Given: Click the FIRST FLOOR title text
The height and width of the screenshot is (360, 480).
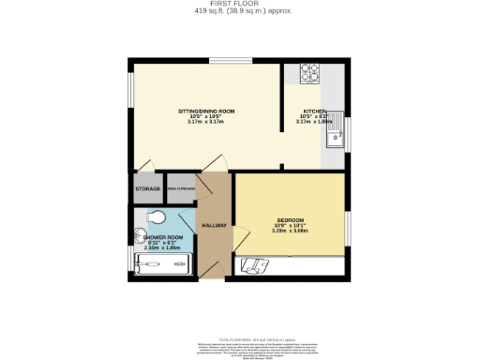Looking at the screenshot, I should [x=240, y=4].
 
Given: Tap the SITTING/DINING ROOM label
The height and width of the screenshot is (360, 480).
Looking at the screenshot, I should [x=206, y=112].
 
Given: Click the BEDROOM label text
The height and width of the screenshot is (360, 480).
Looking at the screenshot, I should [x=291, y=220].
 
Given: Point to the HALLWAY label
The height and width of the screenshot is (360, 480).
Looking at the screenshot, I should [x=216, y=226].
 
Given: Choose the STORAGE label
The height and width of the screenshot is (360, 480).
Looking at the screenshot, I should [x=147, y=189].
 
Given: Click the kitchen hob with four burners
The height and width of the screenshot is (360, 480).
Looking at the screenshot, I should [x=308, y=72].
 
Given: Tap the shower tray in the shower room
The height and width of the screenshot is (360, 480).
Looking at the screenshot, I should [x=162, y=266].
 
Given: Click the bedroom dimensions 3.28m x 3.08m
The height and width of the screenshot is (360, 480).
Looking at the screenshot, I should [x=291, y=232].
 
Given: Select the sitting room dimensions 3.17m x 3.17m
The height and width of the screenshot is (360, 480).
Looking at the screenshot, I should [x=206, y=122].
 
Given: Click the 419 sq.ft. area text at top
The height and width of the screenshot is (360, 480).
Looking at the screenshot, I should [x=240, y=11].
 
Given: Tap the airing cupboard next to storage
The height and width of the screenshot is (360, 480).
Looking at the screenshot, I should [x=180, y=188].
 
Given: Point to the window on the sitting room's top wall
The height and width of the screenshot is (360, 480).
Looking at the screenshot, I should [x=230, y=61].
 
